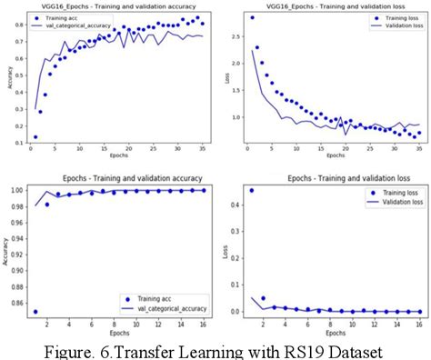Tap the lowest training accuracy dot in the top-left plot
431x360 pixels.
(35, 136)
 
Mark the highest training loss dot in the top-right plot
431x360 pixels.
(252, 17)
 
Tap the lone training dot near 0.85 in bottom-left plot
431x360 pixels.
(35, 312)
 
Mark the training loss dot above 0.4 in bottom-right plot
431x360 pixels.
(251, 190)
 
